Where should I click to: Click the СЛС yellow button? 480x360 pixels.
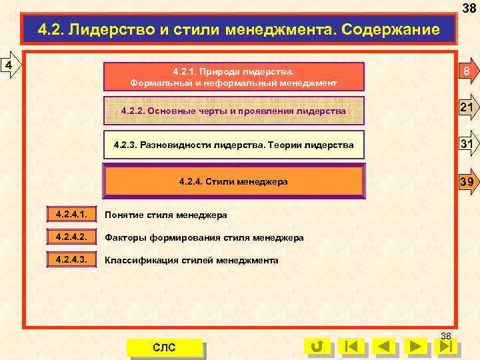(x=165, y=347)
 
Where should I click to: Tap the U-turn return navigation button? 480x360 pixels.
(x=317, y=347)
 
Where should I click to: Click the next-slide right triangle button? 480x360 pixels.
(x=417, y=347)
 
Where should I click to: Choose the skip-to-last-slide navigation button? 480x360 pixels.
(x=449, y=347)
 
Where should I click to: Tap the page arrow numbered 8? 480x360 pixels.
(x=467, y=73)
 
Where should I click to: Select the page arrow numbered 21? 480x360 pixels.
(x=467, y=109)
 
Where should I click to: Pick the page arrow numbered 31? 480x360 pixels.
(x=467, y=143)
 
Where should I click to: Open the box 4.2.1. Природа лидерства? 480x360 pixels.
(x=233, y=77)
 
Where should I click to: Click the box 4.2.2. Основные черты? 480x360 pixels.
(x=233, y=111)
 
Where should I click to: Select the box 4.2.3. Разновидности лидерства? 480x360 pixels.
(x=233, y=144)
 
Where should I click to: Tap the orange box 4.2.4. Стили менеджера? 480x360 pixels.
(x=233, y=181)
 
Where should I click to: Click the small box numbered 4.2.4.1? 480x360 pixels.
(x=71, y=215)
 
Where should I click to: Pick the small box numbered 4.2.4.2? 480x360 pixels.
(x=71, y=237)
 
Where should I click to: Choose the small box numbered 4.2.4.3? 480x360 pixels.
(x=71, y=260)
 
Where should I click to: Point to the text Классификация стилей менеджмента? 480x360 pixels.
(x=192, y=260)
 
